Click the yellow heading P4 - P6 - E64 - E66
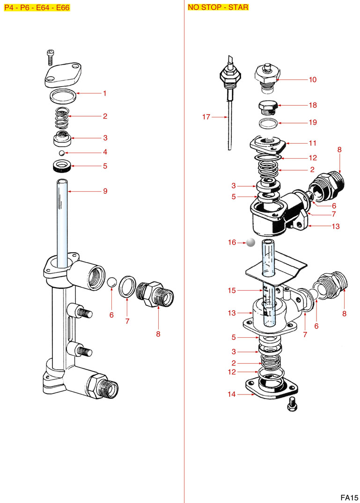pyautogui.click(x=37, y=8)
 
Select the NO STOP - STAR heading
pyautogui.click(x=218, y=7)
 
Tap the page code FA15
pyautogui.click(x=349, y=497)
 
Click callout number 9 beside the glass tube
pyautogui.click(x=105, y=191)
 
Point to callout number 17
pyautogui.click(x=206, y=117)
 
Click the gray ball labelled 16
pyautogui.click(x=250, y=242)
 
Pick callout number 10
pyautogui.click(x=312, y=80)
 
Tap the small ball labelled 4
pyautogui.click(x=61, y=153)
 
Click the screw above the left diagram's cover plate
pyautogui.click(x=51, y=56)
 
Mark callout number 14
pyautogui.click(x=232, y=394)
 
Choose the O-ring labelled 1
pyautogui.click(x=63, y=97)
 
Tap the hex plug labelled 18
pyautogui.click(x=268, y=107)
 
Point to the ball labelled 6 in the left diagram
pyautogui.click(x=111, y=283)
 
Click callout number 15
pyautogui.click(x=232, y=291)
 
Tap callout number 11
pyautogui.click(x=312, y=143)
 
